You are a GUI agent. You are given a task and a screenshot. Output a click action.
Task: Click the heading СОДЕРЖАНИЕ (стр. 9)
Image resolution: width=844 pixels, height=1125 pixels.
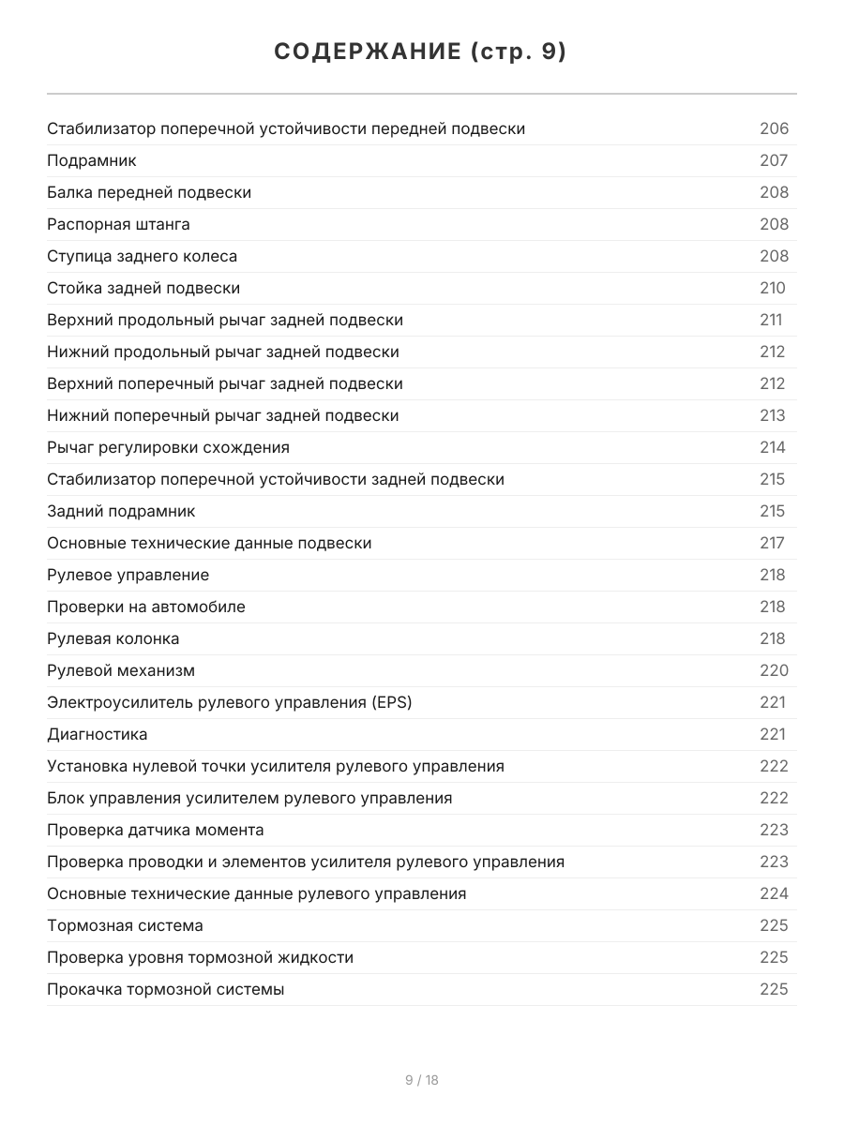point(421,52)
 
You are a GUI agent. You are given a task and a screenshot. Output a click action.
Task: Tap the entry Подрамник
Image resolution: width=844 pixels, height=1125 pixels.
point(92,160)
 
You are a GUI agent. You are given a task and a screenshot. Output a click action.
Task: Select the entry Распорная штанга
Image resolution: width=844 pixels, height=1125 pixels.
point(118,224)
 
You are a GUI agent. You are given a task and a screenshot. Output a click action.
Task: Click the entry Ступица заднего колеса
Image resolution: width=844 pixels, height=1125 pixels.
point(142,256)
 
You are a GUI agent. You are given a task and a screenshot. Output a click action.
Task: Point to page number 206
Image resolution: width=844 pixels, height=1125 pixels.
point(774,128)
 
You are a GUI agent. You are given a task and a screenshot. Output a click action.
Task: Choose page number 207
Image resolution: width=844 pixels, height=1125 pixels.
point(774,160)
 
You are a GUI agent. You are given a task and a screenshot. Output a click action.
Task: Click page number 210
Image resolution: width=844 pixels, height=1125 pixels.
point(773,288)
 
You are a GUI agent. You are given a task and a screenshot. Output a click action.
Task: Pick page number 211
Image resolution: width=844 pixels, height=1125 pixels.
point(771,320)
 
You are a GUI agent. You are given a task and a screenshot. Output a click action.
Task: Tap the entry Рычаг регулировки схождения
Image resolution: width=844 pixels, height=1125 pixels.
point(168,447)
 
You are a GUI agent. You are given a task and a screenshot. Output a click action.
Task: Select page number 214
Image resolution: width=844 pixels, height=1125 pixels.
point(773,447)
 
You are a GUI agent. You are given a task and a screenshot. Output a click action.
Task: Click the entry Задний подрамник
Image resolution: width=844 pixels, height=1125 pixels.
point(121,511)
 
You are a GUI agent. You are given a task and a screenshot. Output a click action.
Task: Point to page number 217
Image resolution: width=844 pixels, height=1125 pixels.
point(772,543)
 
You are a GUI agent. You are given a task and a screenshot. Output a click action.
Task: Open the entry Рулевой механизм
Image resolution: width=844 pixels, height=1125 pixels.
point(121,670)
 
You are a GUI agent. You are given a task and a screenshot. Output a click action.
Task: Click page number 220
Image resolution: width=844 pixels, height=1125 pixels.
point(774,670)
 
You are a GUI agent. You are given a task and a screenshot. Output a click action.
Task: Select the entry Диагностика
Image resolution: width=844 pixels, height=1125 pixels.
point(98,734)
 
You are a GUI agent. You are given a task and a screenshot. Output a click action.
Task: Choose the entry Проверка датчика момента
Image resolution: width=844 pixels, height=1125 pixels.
point(156,830)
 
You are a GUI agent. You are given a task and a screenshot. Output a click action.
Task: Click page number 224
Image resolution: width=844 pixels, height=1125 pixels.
point(774,893)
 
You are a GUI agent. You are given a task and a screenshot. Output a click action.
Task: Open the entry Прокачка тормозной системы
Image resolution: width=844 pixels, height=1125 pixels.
point(165,989)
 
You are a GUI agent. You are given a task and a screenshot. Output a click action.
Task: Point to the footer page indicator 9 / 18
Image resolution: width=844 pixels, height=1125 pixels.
point(422,1080)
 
